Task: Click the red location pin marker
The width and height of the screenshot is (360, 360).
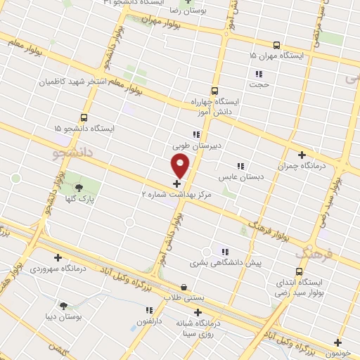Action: coord(181,165)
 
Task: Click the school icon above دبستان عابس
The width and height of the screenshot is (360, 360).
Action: coord(240,166)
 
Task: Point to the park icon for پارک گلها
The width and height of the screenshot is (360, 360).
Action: coord(78,187)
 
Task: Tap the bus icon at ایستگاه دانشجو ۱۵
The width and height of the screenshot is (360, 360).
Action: coord(84,118)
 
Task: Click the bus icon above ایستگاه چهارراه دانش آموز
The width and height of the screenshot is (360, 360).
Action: coord(214,91)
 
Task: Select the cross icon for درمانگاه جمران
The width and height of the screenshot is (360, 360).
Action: coord(302,155)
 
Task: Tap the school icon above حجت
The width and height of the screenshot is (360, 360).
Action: coord(259,73)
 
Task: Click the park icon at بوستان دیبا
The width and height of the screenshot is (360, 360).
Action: coord(64,306)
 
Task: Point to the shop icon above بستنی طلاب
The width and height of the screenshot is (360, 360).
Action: coord(184,287)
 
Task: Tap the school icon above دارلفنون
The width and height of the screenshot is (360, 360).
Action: coord(149,309)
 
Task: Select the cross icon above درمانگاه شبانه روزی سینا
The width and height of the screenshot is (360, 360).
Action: coord(198,312)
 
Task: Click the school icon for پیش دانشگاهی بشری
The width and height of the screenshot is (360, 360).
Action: coord(224,251)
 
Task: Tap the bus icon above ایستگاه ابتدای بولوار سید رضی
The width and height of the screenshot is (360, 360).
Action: coord(299,271)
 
